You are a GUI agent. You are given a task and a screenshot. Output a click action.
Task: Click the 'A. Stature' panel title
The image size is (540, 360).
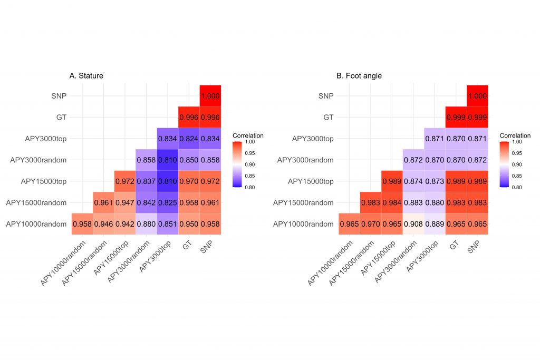click(86, 76)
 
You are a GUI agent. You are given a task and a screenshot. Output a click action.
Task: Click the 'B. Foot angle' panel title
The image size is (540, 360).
click(359, 76)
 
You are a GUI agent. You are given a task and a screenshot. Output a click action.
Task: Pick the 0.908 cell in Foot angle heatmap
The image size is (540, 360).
click(413, 223)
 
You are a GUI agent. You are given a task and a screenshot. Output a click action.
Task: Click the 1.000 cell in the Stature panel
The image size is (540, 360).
click(210, 95)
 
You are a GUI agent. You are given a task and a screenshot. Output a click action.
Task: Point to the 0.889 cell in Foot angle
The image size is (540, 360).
click(435, 223)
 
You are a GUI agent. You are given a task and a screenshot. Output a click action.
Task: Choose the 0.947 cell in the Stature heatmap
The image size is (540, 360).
click(125, 202)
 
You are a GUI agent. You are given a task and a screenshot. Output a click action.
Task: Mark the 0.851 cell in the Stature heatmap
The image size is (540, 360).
click(168, 223)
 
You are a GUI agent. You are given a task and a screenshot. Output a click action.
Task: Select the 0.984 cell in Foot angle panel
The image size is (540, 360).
click(392, 202)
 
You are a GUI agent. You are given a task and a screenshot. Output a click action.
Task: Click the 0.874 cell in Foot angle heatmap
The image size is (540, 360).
click(413, 181)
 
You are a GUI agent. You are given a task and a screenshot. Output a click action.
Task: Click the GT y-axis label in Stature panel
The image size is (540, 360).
click(61, 117)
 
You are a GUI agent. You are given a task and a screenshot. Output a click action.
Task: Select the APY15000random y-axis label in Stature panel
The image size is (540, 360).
click(35, 202)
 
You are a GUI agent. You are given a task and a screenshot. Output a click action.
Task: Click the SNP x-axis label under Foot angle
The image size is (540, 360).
click(474, 248)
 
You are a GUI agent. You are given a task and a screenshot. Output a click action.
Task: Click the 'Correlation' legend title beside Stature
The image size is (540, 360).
click(248, 135)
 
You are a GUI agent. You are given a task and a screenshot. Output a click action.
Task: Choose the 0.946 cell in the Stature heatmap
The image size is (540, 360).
click(103, 223)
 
